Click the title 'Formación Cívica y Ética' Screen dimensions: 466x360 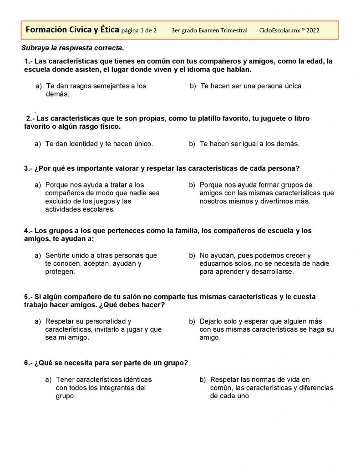pyautogui.click(x=72, y=30)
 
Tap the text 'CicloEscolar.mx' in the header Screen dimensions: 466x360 pyautogui.click(x=279, y=30)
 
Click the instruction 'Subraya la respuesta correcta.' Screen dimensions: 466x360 pyautogui.click(x=72, y=48)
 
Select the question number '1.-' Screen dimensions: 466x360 pyautogui.click(x=29, y=61)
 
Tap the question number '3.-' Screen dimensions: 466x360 pyautogui.click(x=28, y=168)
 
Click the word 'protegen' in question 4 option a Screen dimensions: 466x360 pyautogui.click(x=59, y=272)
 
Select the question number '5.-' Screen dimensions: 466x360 pyautogui.click(x=28, y=297)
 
